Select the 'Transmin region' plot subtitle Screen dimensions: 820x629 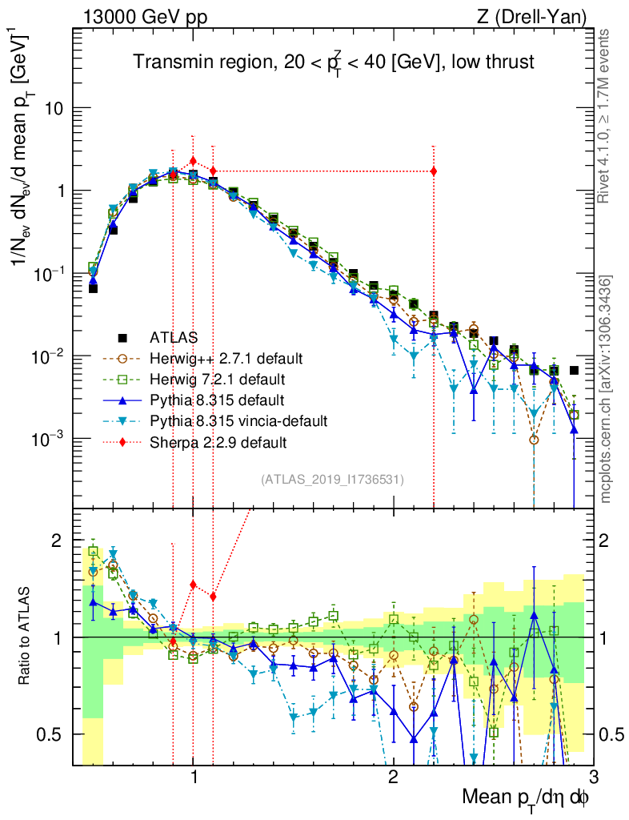click(333, 62)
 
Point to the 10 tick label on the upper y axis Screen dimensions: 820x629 click(54, 108)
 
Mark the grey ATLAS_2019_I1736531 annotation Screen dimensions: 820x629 click(332, 480)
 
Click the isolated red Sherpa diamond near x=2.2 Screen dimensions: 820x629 click(434, 171)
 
